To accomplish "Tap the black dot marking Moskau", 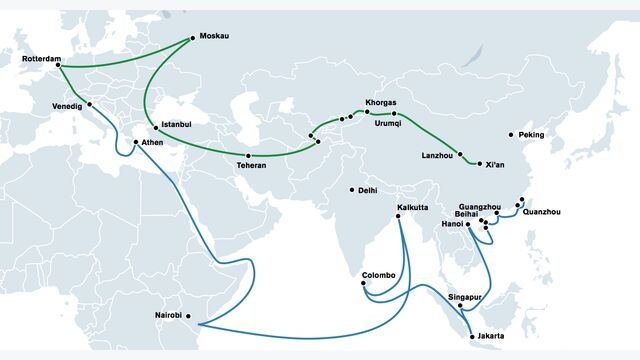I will click(193, 38).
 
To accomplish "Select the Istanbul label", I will click(176, 124).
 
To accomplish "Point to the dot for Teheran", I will click(248, 156).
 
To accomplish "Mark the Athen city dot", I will click(136, 142).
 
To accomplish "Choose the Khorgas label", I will click(381, 103).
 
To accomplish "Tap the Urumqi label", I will click(387, 124).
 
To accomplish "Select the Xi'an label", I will click(495, 164).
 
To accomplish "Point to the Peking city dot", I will click(511, 135).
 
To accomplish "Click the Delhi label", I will click(367, 190).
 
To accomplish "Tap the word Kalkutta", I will click(412, 207).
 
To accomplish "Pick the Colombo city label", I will click(379, 275).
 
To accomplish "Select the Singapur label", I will click(465, 297).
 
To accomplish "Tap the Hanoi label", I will click(451, 224).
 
